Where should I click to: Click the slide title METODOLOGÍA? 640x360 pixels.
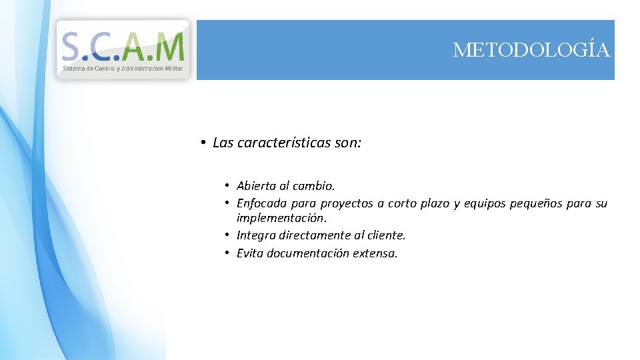[531, 50]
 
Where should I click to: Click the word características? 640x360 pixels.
[284, 143]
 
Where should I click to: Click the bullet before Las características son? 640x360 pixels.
[202, 143]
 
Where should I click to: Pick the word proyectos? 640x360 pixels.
[347, 203]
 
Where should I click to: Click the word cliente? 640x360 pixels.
[386, 235]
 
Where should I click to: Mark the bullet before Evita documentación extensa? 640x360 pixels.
[227, 253]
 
